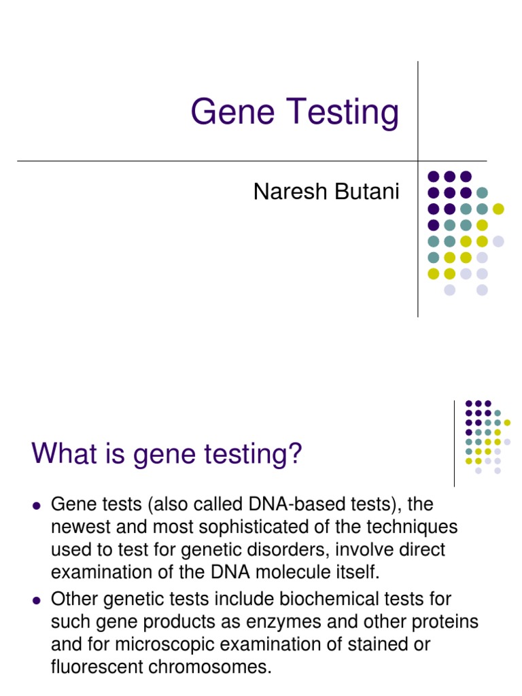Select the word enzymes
point(299,622)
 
